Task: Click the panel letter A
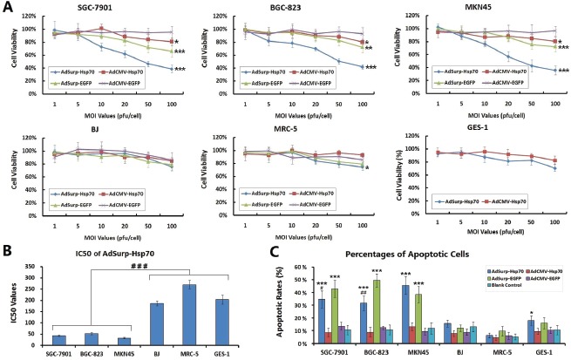(7, 8)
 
